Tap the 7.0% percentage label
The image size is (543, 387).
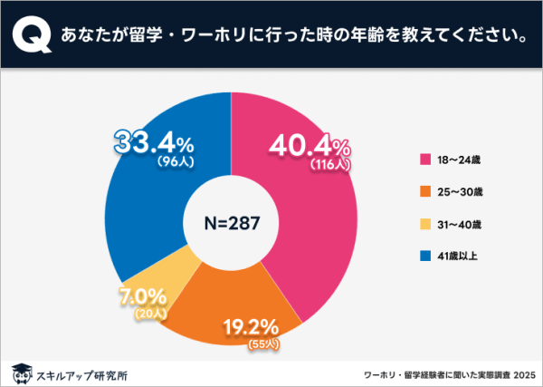139,296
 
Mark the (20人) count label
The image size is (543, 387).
146,313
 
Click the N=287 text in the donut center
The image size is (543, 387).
232,225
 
